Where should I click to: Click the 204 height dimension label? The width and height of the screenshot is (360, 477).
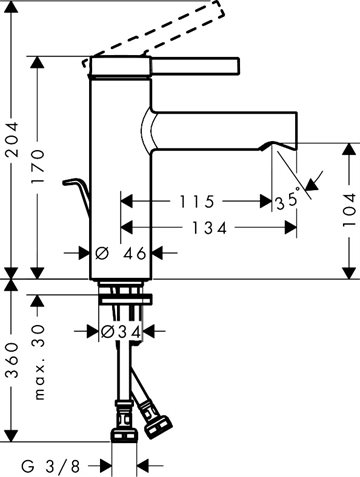(x=13, y=139)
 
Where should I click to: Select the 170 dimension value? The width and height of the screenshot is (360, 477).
(x=38, y=166)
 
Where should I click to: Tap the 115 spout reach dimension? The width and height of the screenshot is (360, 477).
(x=197, y=202)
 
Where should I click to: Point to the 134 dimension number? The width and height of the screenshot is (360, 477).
(x=209, y=228)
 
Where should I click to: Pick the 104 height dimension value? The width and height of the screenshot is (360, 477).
(x=349, y=210)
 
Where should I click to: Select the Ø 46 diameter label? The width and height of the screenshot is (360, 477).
(x=121, y=254)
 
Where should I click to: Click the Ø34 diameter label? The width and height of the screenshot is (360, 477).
(x=120, y=332)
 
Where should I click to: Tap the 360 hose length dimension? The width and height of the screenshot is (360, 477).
(x=13, y=360)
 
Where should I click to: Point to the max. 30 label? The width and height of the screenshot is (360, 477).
(x=39, y=362)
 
